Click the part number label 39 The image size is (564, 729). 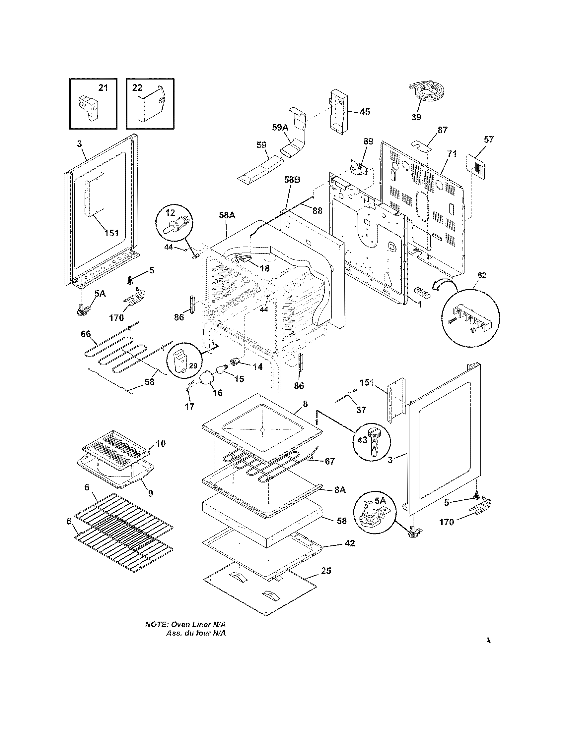coord(416,117)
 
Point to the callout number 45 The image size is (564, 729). coord(365,111)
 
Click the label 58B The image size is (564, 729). coord(292,180)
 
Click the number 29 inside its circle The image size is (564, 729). coord(193,365)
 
